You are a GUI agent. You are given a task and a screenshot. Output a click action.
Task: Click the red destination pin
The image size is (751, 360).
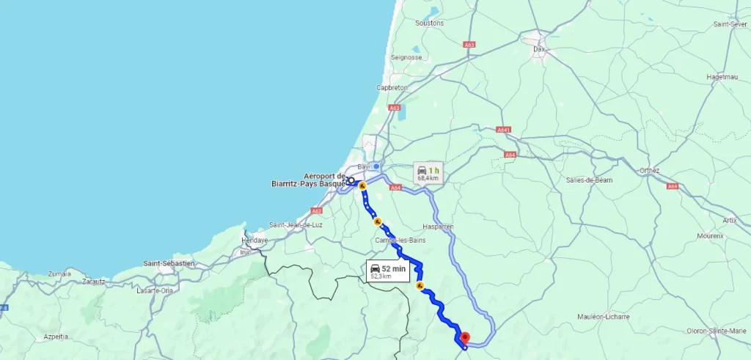click(464, 338)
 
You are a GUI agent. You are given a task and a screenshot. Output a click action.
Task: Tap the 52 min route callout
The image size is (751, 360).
click(387, 271)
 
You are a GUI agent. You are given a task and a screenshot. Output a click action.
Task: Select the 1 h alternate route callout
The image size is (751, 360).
click(428, 172)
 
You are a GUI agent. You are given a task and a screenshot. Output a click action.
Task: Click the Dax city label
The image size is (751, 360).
click(540, 49)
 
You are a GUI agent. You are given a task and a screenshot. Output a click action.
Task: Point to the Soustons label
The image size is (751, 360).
click(429, 23)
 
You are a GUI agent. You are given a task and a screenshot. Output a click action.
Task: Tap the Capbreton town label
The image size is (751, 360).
click(392, 87)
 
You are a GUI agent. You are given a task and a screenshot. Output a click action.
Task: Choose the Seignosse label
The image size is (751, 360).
click(406, 56)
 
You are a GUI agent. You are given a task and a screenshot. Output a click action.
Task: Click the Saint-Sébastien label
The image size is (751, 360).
click(169, 262)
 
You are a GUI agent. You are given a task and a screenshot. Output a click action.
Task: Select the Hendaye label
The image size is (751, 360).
click(255, 240)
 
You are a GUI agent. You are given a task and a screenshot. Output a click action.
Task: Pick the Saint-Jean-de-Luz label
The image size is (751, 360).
click(296, 224)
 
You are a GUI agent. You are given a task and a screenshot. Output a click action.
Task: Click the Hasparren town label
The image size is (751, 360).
click(439, 227)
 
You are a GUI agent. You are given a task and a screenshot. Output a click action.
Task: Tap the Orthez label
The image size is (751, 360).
click(649, 171)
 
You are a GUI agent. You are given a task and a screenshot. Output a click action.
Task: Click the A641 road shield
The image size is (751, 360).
click(503, 130)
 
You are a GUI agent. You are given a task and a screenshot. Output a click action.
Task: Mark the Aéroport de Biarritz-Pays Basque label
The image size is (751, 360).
click(324, 180)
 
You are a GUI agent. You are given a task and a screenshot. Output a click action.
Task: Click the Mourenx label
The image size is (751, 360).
click(711, 236)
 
